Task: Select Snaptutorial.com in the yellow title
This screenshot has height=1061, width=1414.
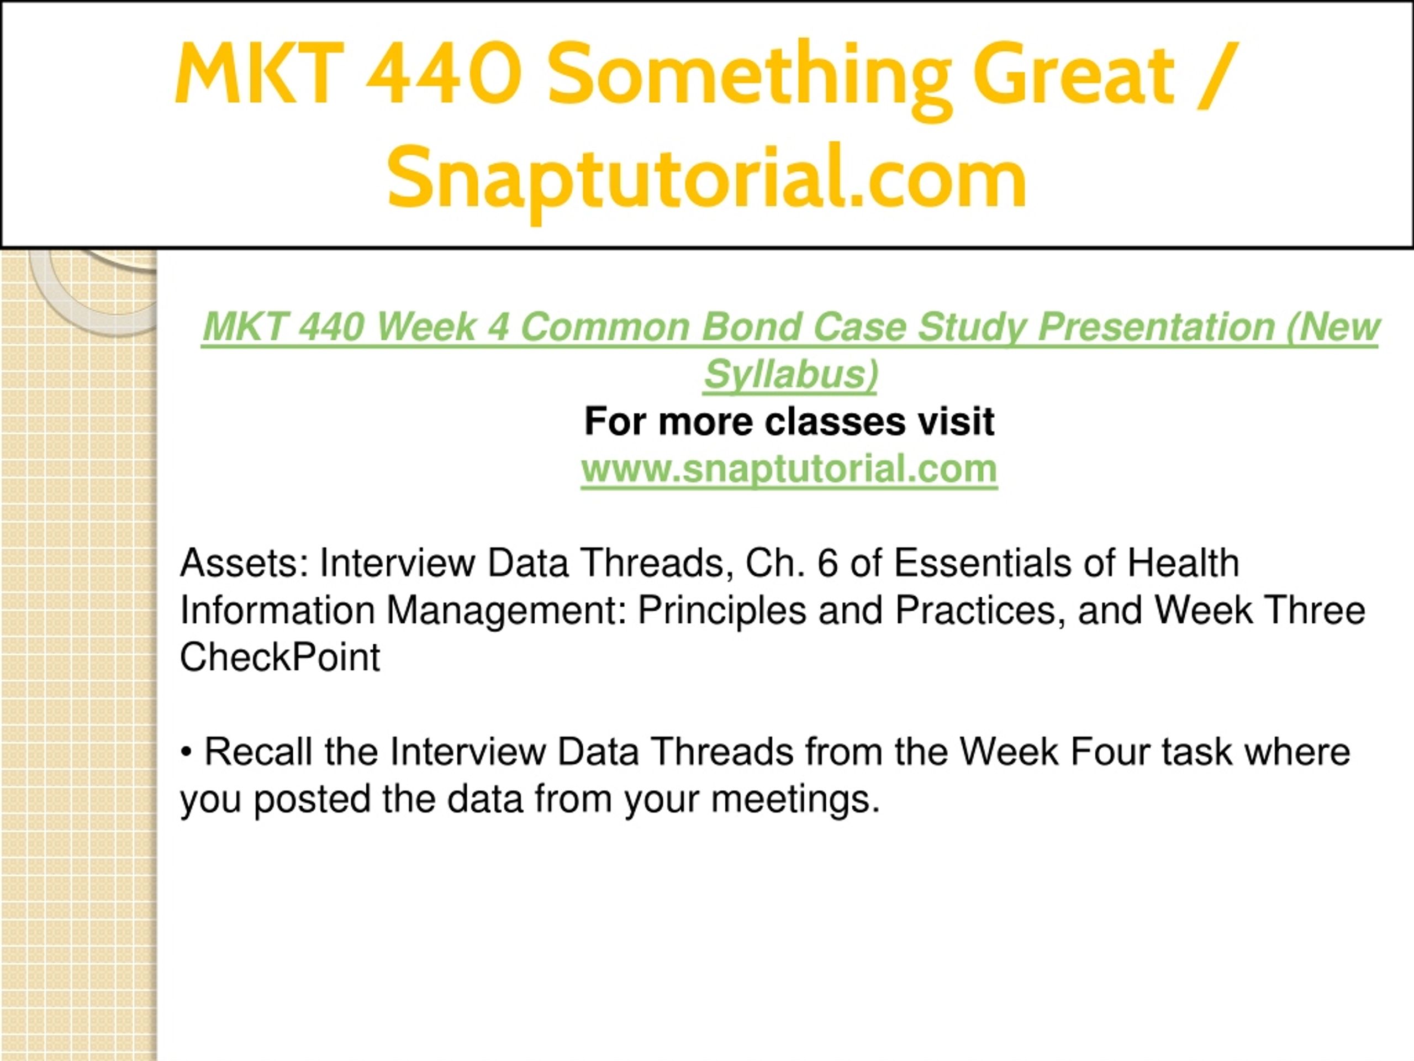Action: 707,178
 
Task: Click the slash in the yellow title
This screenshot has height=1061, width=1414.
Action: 1218,73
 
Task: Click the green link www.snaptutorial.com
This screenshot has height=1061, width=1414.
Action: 789,469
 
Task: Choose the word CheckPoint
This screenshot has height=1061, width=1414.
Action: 280,657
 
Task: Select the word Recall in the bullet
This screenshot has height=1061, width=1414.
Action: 258,752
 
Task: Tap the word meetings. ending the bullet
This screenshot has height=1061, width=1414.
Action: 795,800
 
